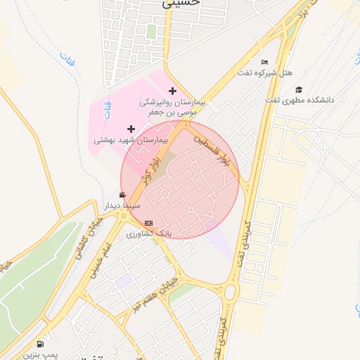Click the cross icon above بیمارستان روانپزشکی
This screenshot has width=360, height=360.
pyautogui.click(x=173, y=91)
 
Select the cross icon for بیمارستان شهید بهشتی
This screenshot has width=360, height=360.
pyautogui.click(x=131, y=129)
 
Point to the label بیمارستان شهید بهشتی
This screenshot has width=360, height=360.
pyautogui.click(x=131, y=141)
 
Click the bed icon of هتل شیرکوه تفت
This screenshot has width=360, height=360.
pyautogui.click(x=264, y=63)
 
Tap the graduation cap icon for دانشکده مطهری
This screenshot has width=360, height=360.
pyautogui.click(x=299, y=89)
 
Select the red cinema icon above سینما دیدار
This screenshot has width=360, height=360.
pyautogui.click(x=123, y=195)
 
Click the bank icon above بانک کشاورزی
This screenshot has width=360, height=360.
pyautogui.click(x=148, y=223)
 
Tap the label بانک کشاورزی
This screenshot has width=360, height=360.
pyautogui.click(x=148, y=233)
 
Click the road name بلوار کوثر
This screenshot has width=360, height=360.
pyautogui.click(x=144, y=169)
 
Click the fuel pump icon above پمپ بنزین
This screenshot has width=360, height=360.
pyautogui.click(x=39, y=345)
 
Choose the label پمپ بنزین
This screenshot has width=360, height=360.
pyautogui.click(x=40, y=355)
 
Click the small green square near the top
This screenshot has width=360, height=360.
pyautogui.click(x=151, y=32)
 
